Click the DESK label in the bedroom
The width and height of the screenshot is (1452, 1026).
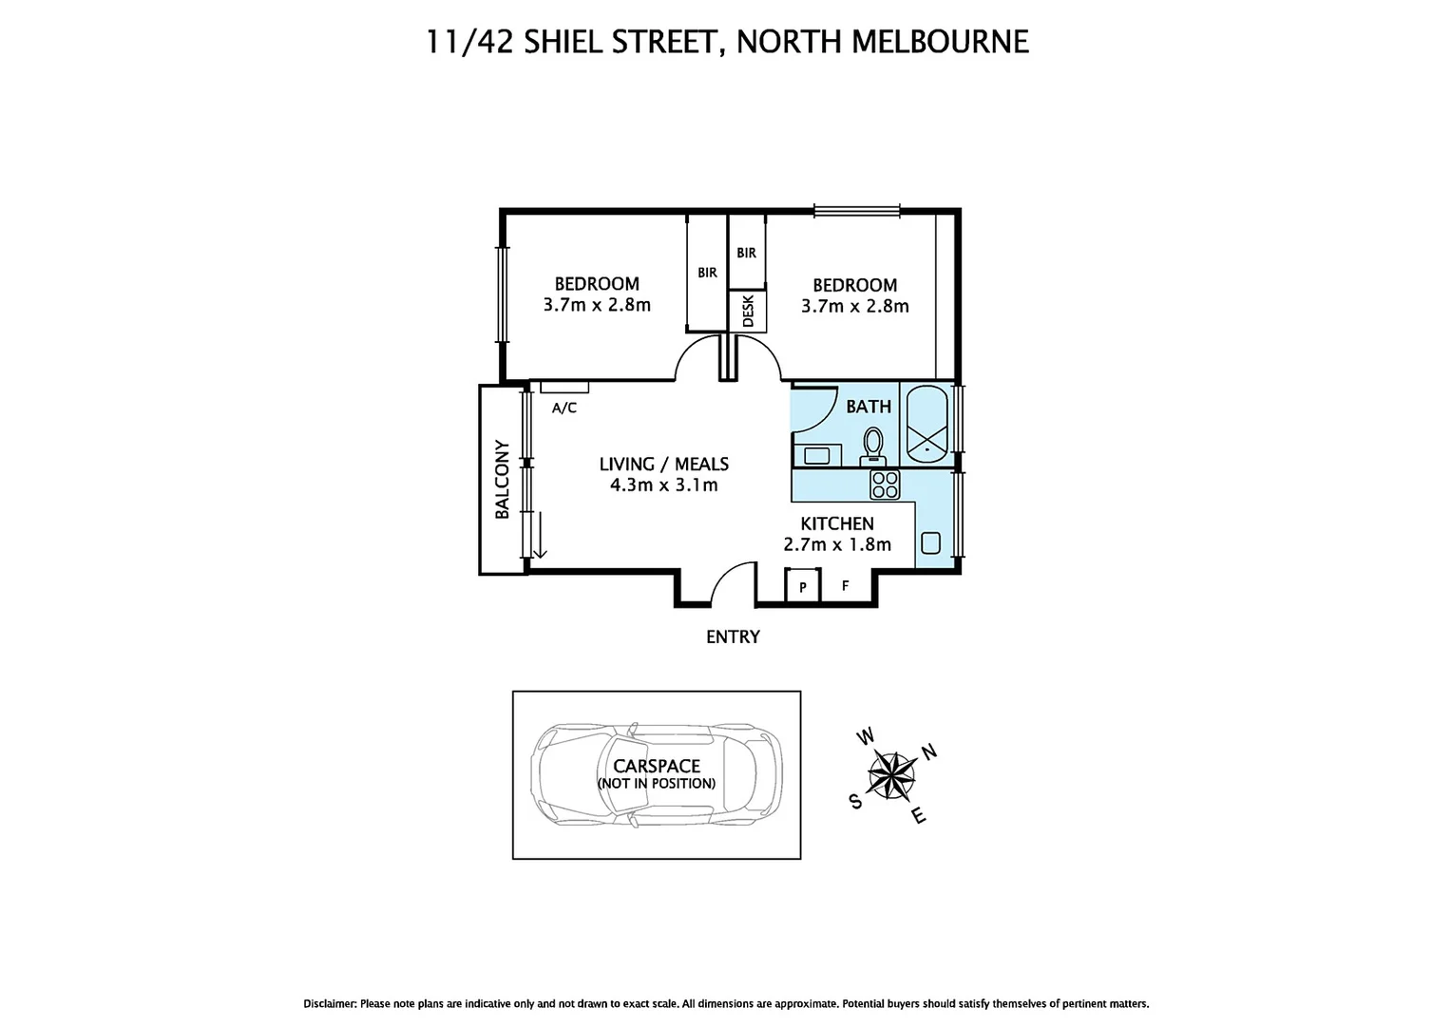748,311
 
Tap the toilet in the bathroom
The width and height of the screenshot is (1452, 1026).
872,445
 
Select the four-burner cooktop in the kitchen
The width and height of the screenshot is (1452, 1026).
885,484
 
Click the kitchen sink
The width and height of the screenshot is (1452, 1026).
931,543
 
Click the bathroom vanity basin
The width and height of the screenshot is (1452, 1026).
816,455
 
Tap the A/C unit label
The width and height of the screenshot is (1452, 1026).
564,408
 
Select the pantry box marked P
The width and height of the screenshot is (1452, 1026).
803,587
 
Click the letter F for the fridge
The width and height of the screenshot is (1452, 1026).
846,586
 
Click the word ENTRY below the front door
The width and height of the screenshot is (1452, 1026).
733,636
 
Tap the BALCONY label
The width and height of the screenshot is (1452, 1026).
502,479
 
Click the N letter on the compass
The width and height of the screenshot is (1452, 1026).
930,751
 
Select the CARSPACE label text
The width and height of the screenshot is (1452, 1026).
657,766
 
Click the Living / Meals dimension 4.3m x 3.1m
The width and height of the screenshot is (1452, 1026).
663,485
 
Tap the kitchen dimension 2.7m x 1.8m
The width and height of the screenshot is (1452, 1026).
837,544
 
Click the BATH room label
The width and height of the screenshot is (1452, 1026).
869,407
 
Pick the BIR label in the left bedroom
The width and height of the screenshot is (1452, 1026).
707,273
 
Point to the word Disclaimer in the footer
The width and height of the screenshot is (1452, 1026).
330,1003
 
